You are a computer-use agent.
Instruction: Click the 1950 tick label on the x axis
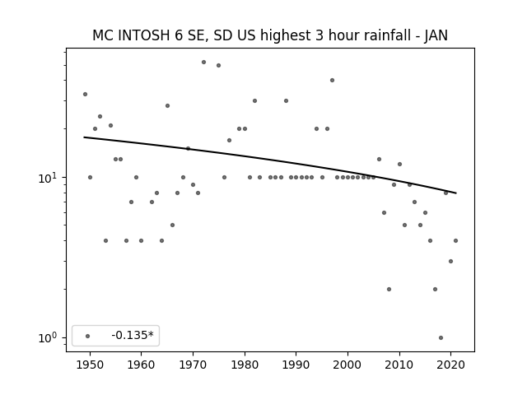coord(90,365)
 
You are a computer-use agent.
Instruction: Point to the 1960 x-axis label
coord(141,365)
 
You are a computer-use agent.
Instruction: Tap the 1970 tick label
coord(193,365)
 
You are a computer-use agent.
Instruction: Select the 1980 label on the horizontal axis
coord(245,365)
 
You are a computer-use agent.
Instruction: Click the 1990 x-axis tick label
coord(296,365)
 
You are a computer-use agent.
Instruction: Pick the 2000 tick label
coord(347,365)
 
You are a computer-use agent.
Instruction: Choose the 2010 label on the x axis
coord(399,365)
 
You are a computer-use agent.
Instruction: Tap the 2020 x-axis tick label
coord(451,365)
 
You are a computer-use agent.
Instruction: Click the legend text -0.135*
coord(133,335)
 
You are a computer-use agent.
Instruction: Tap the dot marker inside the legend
coord(88,336)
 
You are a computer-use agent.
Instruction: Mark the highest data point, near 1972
coord(203,63)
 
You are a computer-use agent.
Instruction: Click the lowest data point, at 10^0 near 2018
coord(441,338)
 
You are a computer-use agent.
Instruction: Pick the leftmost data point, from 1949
coord(85,95)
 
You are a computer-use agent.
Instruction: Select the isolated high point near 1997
coord(332,81)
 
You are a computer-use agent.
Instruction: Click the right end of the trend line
coord(456,193)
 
